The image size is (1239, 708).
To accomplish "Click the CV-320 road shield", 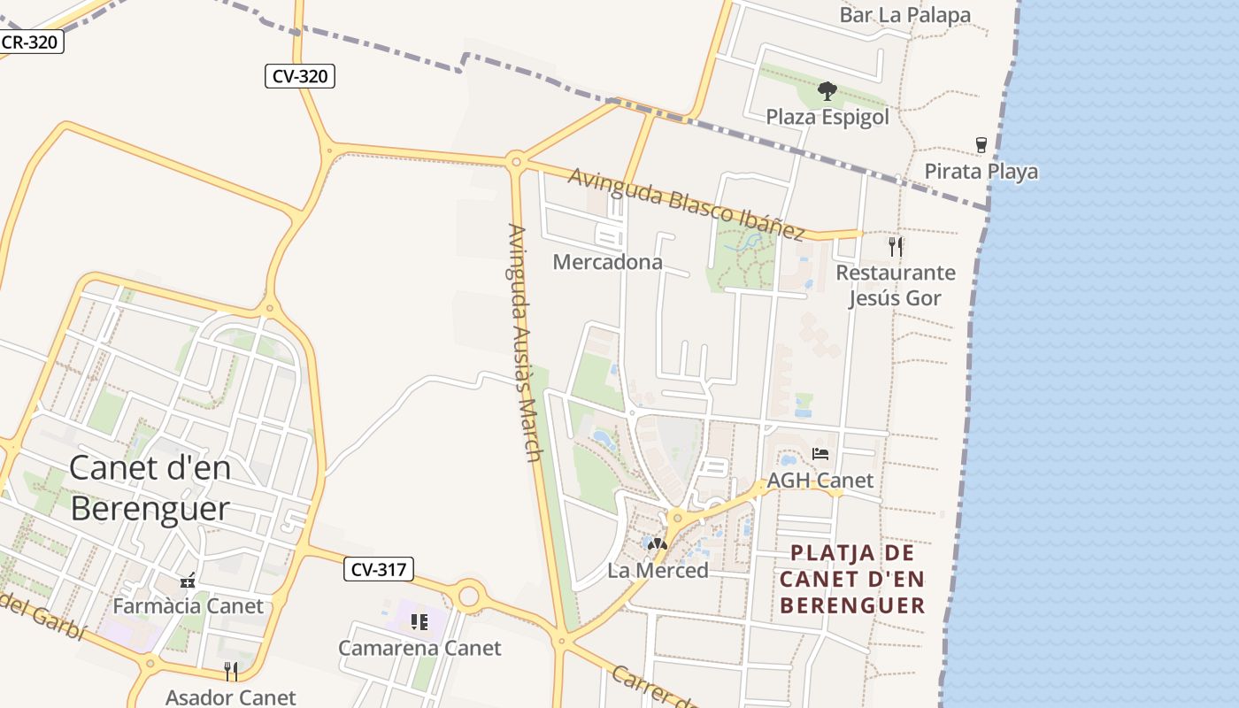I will [300, 76].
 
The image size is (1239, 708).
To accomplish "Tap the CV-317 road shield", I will [379, 569].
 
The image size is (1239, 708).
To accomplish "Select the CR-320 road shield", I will [30, 42].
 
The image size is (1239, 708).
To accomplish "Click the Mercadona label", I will [607, 262].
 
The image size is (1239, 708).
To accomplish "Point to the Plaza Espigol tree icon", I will [827, 90].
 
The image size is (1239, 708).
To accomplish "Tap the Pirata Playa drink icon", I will [981, 145].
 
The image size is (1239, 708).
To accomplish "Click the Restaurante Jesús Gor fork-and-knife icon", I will [896, 246].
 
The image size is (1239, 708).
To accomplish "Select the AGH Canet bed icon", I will [820, 454].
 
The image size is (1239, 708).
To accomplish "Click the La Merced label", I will [658, 571].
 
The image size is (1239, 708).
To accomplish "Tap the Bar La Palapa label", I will [904, 15].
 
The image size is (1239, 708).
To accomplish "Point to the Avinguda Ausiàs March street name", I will [524, 342].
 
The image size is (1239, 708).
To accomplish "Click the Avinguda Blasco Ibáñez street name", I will [686, 203].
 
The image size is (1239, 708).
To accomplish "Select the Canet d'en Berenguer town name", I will [150, 489].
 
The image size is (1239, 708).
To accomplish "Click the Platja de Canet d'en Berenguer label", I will [853, 580].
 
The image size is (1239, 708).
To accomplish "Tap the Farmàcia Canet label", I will [188, 606].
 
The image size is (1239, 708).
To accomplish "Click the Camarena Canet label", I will [419, 648].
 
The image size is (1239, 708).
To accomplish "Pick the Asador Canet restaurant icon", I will [231, 671].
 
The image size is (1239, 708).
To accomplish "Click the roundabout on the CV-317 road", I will [468, 596].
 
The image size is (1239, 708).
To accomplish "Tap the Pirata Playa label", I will [981, 171].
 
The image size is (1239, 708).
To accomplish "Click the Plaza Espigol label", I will [827, 117].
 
